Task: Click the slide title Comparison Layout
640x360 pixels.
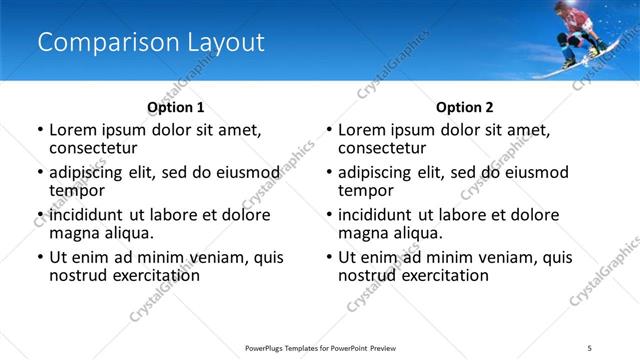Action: click(x=151, y=42)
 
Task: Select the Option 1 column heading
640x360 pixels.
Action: click(x=175, y=107)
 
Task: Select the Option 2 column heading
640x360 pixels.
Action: click(x=465, y=107)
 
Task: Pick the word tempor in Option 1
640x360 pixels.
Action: click(x=77, y=190)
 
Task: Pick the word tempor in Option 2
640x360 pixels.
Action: click(x=366, y=190)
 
